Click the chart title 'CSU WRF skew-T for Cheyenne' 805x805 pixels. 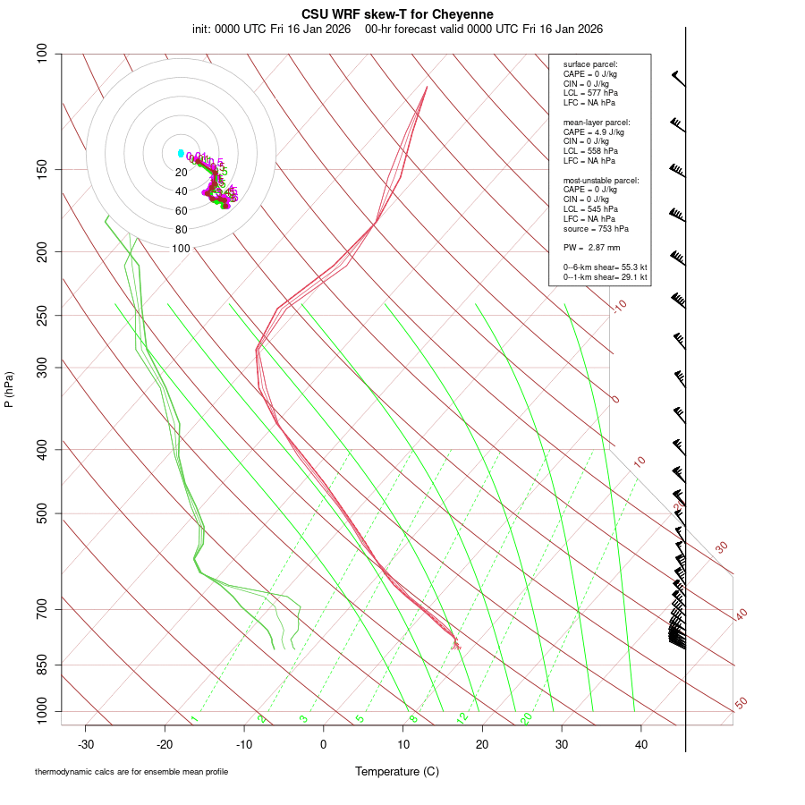click(x=397, y=14)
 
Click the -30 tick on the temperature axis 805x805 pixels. click(x=86, y=744)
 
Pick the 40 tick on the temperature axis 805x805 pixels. click(x=641, y=744)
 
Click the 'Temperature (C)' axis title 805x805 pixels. click(x=397, y=771)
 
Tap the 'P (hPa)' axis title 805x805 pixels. click(x=9, y=390)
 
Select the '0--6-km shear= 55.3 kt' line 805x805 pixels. click(x=606, y=267)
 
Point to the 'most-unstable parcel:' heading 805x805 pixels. click(x=601, y=181)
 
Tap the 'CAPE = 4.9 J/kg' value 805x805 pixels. click(x=594, y=131)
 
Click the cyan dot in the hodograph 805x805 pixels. click(x=181, y=153)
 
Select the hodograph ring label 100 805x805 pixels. click(x=182, y=249)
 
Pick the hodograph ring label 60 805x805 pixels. click(x=182, y=211)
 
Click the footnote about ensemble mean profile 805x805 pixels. click(x=131, y=772)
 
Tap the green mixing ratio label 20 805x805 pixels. click(x=526, y=718)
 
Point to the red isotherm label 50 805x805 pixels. click(x=741, y=704)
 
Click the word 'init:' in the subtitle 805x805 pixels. click(x=204, y=29)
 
